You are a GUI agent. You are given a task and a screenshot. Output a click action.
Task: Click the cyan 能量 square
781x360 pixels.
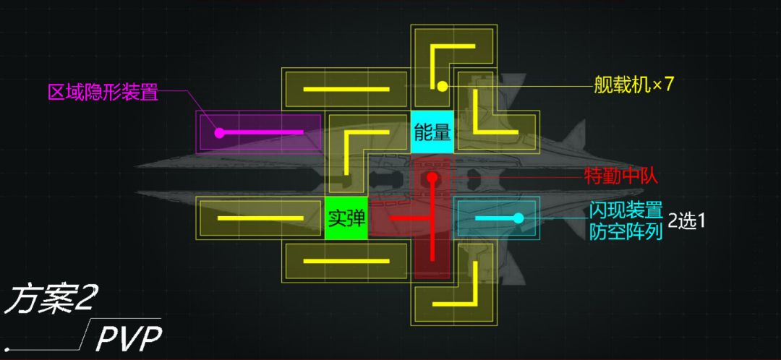(432, 132)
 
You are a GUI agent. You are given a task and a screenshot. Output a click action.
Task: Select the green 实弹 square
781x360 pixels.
(346, 218)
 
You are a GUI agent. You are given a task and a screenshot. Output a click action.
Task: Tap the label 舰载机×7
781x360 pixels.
(633, 85)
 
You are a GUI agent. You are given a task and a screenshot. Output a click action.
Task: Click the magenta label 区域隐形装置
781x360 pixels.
(103, 92)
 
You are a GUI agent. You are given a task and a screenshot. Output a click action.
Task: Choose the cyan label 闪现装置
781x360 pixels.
(626, 210)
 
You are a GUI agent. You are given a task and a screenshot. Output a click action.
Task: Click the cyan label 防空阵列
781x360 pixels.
(626, 231)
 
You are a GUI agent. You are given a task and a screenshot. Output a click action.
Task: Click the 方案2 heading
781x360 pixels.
(50, 300)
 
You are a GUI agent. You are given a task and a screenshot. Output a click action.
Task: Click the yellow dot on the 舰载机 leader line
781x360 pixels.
(442, 87)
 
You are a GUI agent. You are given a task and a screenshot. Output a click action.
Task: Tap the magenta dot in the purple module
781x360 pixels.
(218, 132)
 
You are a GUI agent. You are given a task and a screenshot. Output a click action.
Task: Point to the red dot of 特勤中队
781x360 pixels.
(432, 177)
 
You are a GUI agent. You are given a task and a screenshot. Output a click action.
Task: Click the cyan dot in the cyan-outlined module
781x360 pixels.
(518, 218)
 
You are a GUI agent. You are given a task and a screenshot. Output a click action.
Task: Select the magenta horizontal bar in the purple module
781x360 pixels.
(260, 132)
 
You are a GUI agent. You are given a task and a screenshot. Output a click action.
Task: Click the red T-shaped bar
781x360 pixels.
(432, 218)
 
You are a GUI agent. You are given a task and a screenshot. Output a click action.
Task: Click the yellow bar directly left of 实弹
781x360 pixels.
(260, 218)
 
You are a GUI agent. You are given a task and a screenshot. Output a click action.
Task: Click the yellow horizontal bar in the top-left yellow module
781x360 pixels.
(346, 90)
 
